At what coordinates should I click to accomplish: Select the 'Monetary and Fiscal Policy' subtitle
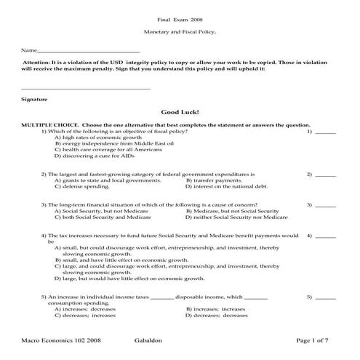tap(180, 34)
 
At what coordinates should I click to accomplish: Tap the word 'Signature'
tap(34, 98)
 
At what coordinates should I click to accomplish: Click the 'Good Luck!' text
tap(180, 113)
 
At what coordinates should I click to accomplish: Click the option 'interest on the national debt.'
tap(226, 187)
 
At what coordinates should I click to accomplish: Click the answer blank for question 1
tap(326, 132)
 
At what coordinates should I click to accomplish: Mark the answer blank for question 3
tap(326, 206)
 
